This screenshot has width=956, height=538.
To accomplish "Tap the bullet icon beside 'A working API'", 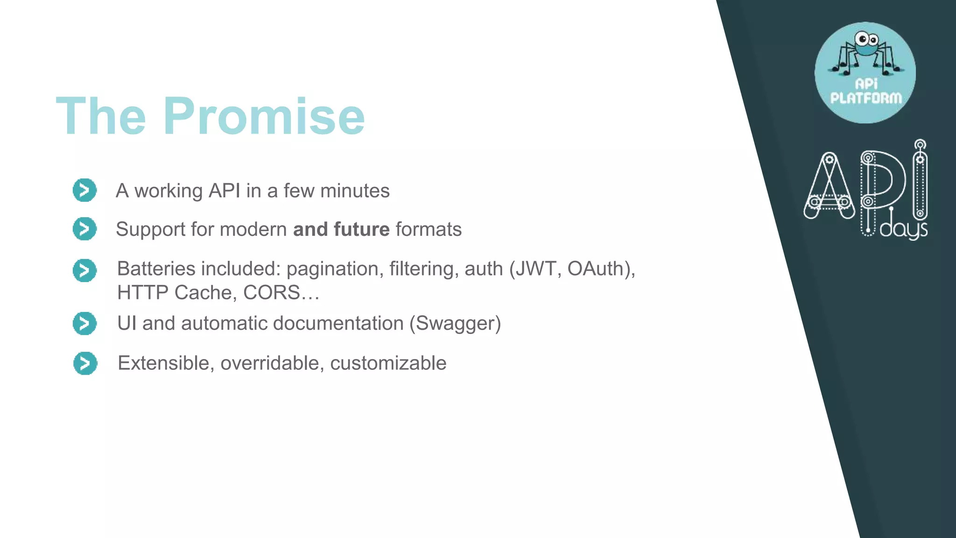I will tap(84, 190).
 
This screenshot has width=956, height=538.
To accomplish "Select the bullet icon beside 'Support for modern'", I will tap(84, 229).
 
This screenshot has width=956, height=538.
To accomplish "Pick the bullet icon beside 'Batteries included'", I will tap(84, 270).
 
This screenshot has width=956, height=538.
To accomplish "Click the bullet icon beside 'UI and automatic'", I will tap(84, 323).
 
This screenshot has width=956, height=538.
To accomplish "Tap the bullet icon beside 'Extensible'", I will tap(85, 363).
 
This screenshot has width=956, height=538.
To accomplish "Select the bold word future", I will tap(361, 229).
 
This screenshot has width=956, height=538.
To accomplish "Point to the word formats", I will tap(428, 229).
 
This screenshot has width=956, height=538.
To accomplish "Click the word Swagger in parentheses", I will tap(455, 324).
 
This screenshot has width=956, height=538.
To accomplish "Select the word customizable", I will tap(388, 363).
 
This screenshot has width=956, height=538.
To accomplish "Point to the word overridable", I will tap(269, 363).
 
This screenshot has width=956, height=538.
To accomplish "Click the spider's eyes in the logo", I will tap(866, 39).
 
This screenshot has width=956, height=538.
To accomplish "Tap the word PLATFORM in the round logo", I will tap(866, 98).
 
